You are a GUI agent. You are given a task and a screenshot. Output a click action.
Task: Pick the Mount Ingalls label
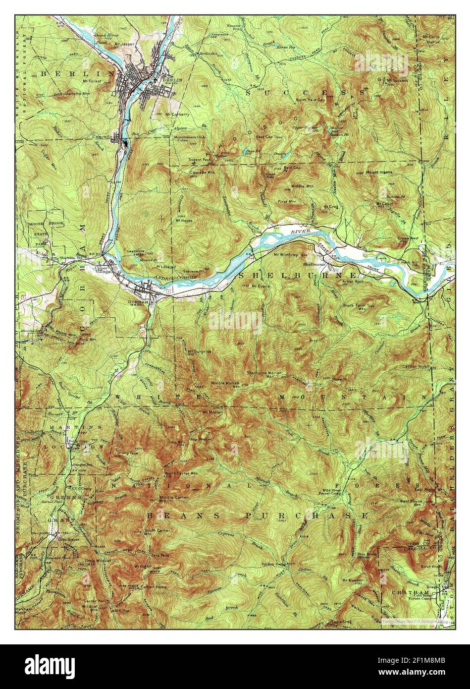point(379,172)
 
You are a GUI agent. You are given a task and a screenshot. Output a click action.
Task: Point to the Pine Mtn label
point(84,339)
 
